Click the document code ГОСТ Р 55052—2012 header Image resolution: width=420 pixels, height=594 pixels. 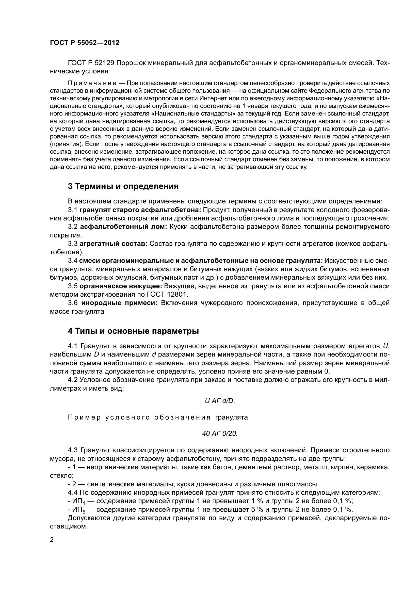click(85, 43)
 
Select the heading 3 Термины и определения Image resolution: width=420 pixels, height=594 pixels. click(123, 186)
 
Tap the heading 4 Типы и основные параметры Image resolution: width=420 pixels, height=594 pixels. click(133, 331)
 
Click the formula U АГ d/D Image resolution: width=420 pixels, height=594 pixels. click(220, 401)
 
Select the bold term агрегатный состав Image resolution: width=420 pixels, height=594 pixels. click(114, 244)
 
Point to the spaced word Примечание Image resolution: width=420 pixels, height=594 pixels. click(92, 83)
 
